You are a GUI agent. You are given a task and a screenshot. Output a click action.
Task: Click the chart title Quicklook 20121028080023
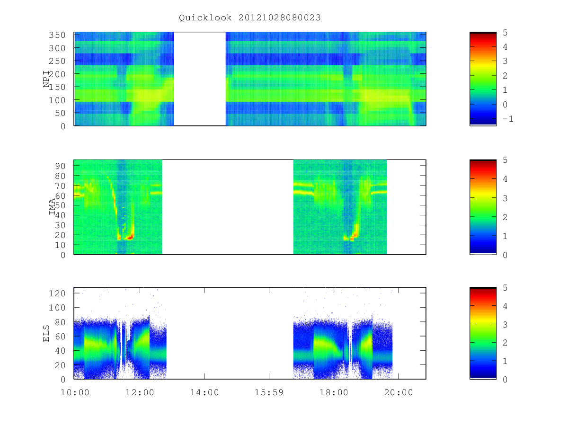(250, 18)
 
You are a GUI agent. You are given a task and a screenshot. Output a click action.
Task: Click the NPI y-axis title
(46, 79)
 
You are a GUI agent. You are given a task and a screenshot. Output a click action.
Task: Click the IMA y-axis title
(52, 207)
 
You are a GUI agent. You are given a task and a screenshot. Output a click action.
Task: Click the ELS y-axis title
(46, 333)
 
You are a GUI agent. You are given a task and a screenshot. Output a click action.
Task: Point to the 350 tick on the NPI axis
(57, 35)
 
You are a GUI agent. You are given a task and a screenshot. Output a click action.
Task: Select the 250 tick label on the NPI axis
(57, 61)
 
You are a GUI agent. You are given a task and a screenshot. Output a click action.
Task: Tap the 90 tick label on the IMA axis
(60, 166)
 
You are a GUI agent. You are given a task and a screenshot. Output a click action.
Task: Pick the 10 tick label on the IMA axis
(60, 245)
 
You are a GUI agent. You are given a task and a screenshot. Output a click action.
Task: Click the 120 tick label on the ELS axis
(57, 293)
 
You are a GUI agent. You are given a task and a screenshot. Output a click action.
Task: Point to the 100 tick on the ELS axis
(57, 308)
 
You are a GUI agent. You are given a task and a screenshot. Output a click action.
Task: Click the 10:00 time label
(75, 392)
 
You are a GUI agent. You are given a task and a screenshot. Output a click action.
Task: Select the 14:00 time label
(204, 392)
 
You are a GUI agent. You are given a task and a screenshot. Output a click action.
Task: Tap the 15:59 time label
(269, 392)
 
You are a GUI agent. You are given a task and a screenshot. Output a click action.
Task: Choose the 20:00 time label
(399, 392)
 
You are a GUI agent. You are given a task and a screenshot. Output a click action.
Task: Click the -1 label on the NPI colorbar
(508, 119)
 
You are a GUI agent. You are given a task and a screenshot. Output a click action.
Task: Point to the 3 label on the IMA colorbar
(505, 198)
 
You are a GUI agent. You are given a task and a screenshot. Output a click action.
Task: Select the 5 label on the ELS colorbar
(505, 288)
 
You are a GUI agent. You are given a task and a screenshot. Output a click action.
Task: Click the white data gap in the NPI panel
(200, 79)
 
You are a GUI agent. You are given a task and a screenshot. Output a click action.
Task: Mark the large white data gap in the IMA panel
(228, 207)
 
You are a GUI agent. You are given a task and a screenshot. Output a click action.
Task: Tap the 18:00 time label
(334, 392)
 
